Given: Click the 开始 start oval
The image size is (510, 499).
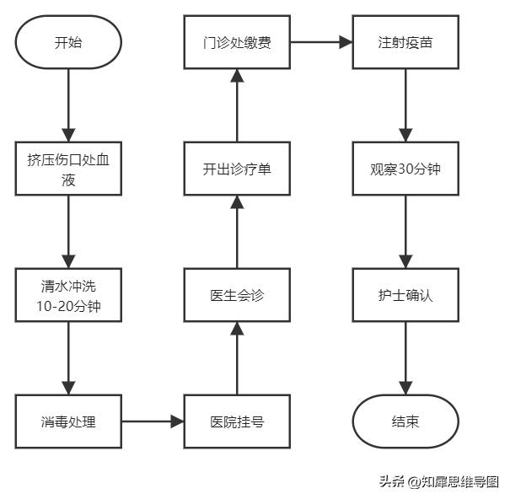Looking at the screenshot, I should click(69, 40).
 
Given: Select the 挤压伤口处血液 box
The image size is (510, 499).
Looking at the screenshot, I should click(69, 168).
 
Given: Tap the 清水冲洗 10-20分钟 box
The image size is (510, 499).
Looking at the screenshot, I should click(69, 295).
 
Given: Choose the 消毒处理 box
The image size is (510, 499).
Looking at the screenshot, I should click(69, 421).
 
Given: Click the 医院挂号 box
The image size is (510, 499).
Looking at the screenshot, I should click(237, 421).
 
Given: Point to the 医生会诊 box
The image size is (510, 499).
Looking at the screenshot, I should click(237, 295).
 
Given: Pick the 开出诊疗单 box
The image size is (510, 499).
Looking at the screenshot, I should click(237, 168).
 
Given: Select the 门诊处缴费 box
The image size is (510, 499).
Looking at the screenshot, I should click(237, 40).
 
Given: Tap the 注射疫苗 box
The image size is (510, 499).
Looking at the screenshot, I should click(405, 40).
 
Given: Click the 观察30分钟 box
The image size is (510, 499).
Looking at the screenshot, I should click(405, 168).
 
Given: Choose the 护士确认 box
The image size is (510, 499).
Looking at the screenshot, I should click(405, 295).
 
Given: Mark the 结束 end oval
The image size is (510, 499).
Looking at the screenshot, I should click(405, 421).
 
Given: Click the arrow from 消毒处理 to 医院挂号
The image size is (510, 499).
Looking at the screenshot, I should click(153, 421).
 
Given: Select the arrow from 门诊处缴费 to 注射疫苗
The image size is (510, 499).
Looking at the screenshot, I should click(321, 40).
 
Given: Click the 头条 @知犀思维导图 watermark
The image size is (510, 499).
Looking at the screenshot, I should click(438, 482).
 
